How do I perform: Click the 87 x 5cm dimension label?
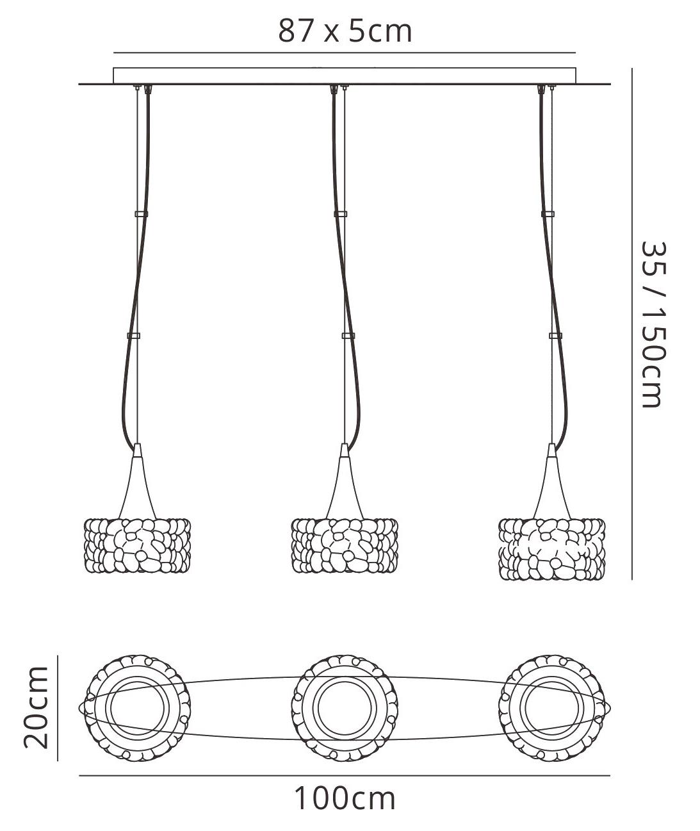[x=345, y=31]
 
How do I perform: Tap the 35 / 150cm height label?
[x=653, y=324]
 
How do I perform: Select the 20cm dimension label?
[x=36, y=707]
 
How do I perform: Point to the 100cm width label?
[x=345, y=798]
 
